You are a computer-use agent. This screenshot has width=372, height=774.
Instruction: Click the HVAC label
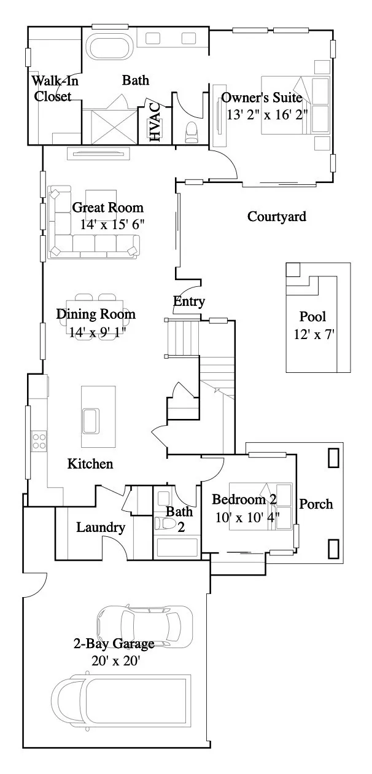(x=155, y=122)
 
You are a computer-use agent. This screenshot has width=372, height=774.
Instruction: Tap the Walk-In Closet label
(x=53, y=88)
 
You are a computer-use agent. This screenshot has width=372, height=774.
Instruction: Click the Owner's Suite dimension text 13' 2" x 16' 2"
(x=267, y=114)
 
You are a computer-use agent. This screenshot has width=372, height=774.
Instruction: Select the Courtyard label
(x=276, y=216)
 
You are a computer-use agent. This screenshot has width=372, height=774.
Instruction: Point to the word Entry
(x=189, y=302)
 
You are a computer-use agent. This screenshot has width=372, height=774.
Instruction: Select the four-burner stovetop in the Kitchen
(x=40, y=440)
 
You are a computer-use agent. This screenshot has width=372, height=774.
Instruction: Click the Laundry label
(x=101, y=527)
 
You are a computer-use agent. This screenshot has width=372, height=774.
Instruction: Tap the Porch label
(x=316, y=504)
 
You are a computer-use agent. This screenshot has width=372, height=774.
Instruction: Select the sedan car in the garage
(x=144, y=625)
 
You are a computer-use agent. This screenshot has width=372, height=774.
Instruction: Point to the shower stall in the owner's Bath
(x=109, y=127)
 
